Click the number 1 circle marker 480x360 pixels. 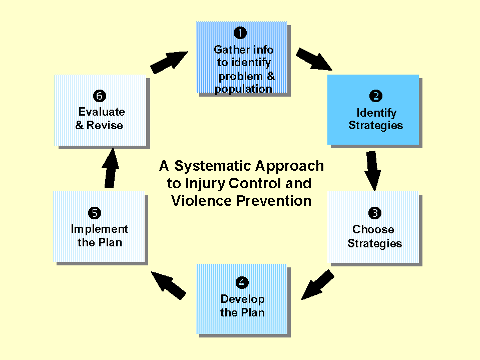click(240, 33)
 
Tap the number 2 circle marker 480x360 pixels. click(375, 96)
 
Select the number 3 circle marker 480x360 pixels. click(374, 213)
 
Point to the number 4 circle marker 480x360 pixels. click(242, 283)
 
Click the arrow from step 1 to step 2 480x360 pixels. click(314, 59)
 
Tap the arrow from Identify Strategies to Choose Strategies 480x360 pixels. click(372, 170)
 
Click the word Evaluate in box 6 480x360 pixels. click(102, 112)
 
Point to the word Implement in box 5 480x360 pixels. click(99, 229)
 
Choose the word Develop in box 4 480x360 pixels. click(242, 299)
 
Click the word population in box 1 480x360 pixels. click(244, 89)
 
